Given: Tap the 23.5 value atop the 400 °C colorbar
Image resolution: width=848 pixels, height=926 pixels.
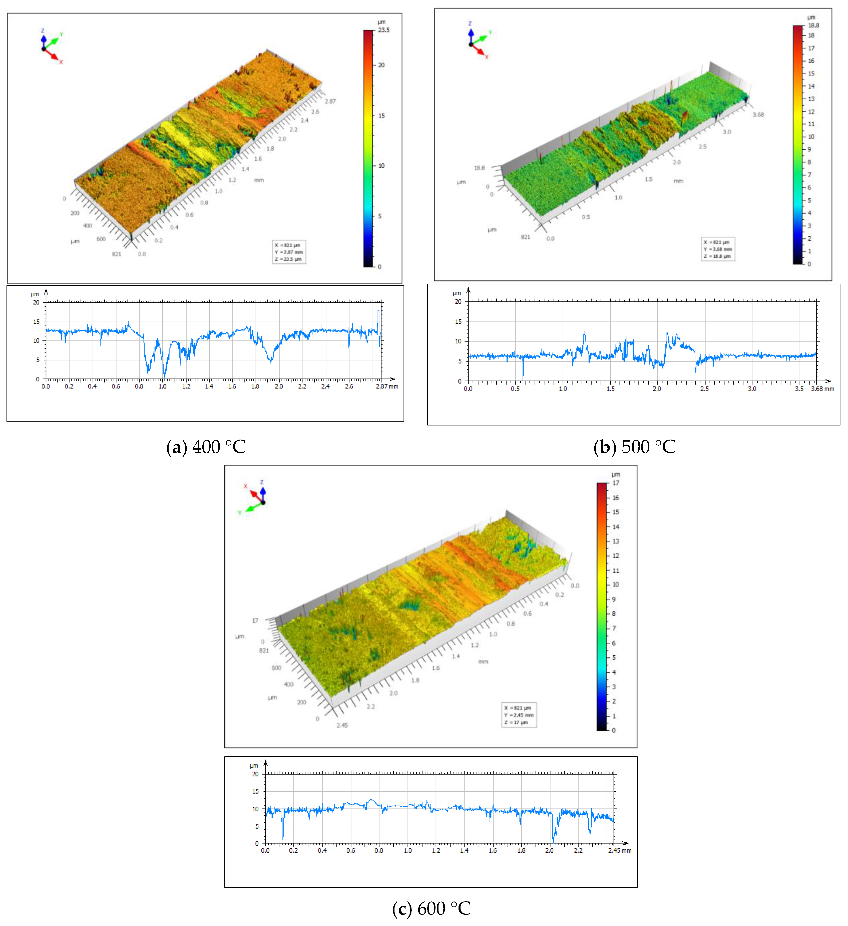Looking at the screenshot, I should coord(384,30).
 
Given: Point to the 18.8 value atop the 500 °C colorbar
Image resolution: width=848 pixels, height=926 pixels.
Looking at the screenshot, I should coord(813,25).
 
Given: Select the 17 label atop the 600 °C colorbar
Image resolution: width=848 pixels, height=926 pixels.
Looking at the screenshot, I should coord(616,483).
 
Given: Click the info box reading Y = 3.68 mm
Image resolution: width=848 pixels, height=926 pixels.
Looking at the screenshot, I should coord(718,249).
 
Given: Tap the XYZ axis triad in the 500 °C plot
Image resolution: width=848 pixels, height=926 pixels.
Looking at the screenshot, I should coord(478,40).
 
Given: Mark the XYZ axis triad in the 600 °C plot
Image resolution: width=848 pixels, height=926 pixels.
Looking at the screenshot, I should coord(255,498).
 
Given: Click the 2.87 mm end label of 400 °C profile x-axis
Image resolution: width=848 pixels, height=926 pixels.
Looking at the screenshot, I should coord(387,386).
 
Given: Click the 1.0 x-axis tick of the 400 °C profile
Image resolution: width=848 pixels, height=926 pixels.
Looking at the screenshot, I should coord(162,386).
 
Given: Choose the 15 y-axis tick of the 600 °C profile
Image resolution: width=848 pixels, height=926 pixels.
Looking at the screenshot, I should coord(256,791).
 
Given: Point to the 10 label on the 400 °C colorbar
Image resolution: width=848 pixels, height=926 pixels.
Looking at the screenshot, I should coord(381,166).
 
